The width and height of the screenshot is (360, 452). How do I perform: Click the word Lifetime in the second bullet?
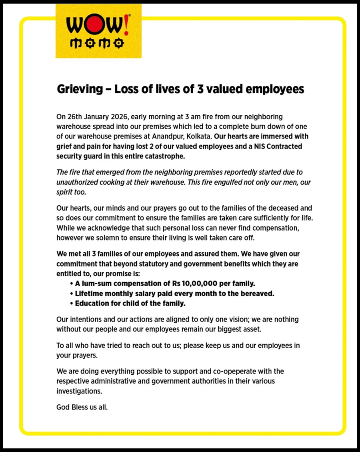[90, 293]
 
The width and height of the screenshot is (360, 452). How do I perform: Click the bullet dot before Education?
[72, 303]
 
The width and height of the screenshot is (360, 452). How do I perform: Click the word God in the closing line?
[63, 408]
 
